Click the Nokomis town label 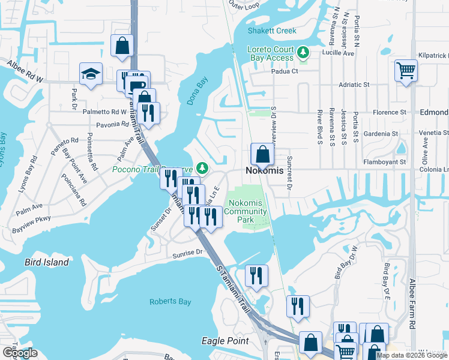[265, 171]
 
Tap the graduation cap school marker [91, 74]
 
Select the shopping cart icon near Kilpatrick [406, 71]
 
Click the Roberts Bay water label [170, 302]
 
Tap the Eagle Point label [225, 341]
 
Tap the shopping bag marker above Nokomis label [262, 154]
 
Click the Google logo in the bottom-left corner [19, 353]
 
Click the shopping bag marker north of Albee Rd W [122, 46]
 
